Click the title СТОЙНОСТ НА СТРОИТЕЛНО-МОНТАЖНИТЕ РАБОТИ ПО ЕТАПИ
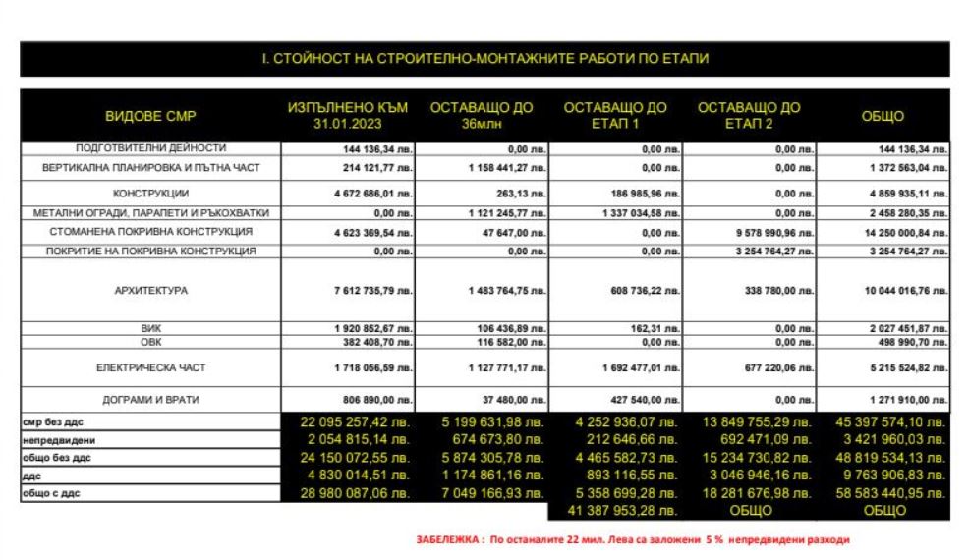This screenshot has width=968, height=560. pyautogui.click(x=484, y=59)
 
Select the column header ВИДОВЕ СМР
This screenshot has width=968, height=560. pyautogui.click(x=150, y=117)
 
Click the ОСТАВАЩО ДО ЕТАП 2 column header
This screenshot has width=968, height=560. pyautogui.click(x=749, y=116)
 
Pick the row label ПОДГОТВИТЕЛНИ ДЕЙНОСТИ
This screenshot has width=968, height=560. pyautogui.click(x=150, y=147)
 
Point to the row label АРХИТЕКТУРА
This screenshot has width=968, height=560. pyautogui.click(x=150, y=291)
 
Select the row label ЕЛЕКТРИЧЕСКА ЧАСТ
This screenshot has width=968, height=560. pyautogui.click(x=150, y=368)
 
